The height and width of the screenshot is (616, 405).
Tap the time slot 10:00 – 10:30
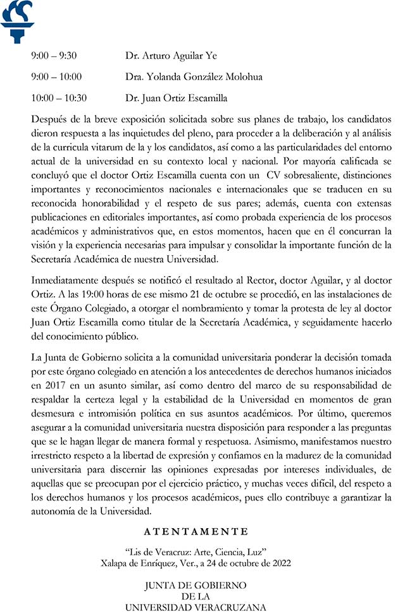(59, 98)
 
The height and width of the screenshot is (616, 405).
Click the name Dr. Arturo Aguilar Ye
(171, 56)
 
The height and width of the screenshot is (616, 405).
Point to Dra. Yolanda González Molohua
(194, 77)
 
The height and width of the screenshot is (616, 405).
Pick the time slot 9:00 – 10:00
(56, 77)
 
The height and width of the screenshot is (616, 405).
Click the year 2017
(53, 385)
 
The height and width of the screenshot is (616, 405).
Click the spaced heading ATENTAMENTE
(196, 531)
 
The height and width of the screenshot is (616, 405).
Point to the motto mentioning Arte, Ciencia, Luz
(196, 552)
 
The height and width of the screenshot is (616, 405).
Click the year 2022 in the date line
(279, 563)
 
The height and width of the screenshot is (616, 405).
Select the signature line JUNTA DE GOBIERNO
(196, 585)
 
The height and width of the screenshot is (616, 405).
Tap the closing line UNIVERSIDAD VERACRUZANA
(196, 608)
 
